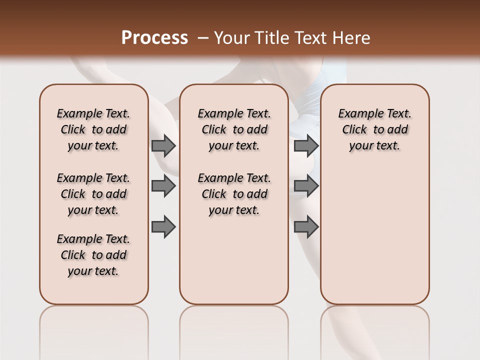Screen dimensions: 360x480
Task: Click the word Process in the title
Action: [x=154, y=38]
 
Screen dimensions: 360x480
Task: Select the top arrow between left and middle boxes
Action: [x=163, y=145]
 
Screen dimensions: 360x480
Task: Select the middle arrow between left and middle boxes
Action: [x=163, y=186]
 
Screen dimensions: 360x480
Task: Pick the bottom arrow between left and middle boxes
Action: [x=163, y=227]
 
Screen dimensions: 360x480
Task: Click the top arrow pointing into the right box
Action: [x=306, y=145]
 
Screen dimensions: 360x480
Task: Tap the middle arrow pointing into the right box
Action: [x=306, y=186]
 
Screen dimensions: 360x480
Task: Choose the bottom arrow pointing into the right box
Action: [x=306, y=227]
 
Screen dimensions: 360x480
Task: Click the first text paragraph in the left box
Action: [x=93, y=129]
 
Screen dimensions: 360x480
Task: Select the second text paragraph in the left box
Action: [x=93, y=194]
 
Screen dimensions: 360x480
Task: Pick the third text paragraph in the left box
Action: [x=93, y=255]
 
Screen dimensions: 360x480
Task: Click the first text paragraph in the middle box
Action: [x=234, y=129]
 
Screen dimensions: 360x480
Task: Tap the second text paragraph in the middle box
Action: [x=234, y=194]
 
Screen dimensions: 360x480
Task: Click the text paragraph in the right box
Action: [x=374, y=129]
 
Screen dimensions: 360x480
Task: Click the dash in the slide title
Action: [x=203, y=38]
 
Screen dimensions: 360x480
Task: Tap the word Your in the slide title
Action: [x=231, y=38]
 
